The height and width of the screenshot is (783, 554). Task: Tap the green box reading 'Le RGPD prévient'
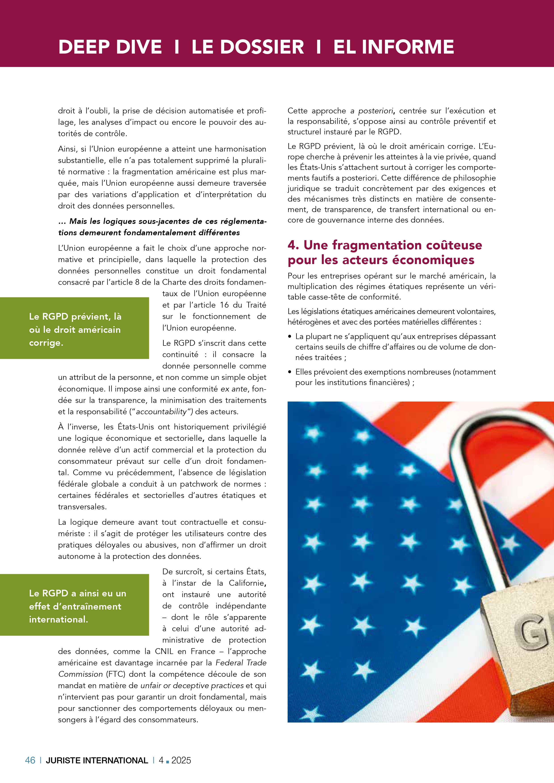[74, 328]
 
